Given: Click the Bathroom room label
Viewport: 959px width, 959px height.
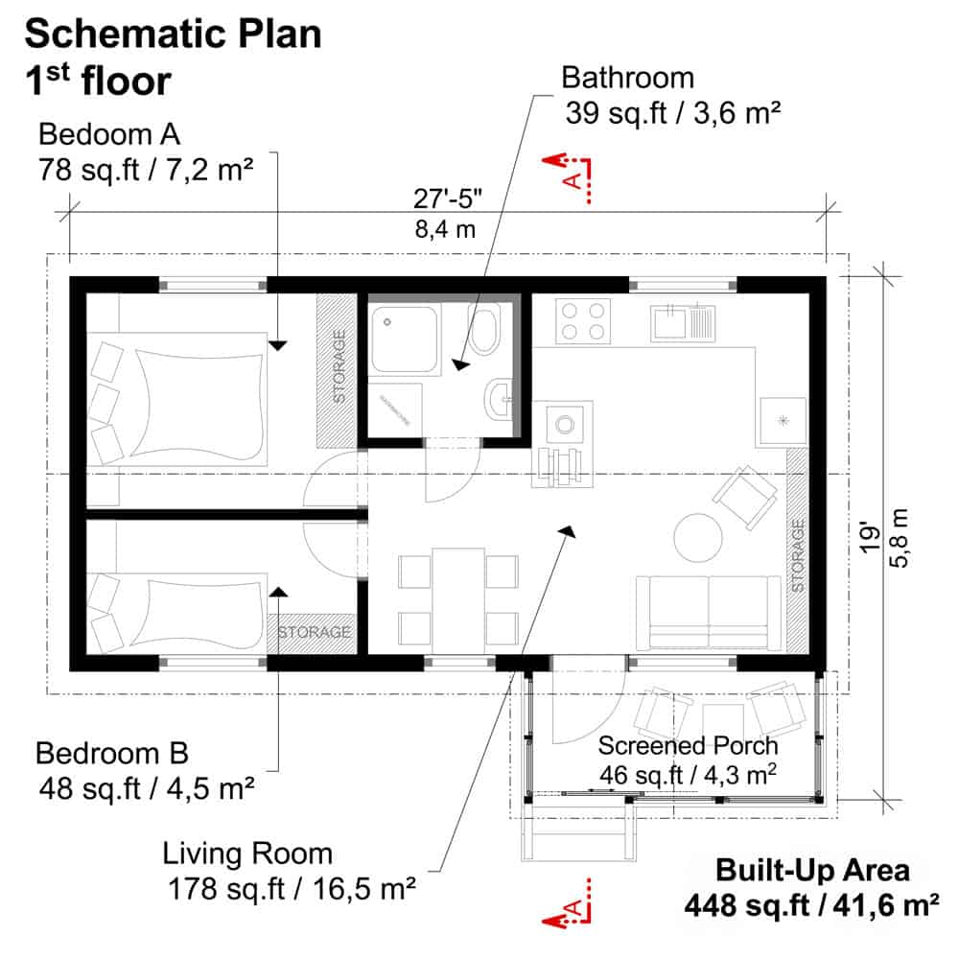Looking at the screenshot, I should pos(628,77).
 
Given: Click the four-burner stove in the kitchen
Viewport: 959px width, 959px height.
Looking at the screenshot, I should pos(584,320).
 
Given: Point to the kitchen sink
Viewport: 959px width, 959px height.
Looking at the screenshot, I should pos(683,320).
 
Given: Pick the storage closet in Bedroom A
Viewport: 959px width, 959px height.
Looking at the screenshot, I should pos(338,368).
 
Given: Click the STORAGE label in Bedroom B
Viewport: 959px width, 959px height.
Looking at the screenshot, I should pos(315,633).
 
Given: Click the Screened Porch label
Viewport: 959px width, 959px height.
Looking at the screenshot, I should pos(688,745).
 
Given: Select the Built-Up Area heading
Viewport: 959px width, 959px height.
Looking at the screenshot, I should pos(812,871).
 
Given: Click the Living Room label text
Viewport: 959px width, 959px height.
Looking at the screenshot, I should pos(247,853).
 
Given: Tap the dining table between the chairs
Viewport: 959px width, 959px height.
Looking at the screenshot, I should pos(458,596).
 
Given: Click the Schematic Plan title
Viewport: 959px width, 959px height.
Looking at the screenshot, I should pos(173,35).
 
